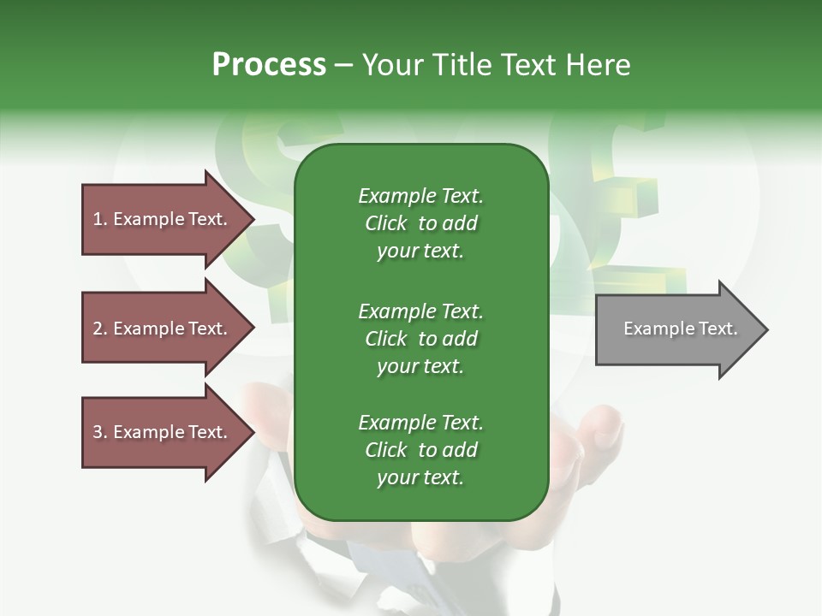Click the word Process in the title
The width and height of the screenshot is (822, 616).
click(x=269, y=64)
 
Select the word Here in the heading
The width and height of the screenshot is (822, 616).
click(x=599, y=64)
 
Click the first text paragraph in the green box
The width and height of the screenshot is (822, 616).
click(x=420, y=223)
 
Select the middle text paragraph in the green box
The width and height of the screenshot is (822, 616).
click(x=420, y=338)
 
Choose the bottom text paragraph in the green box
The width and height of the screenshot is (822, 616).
click(x=420, y=450)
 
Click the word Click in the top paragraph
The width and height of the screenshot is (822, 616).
click(x=385, y=223)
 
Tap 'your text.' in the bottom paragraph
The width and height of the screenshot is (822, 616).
click(x=420, y=478)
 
